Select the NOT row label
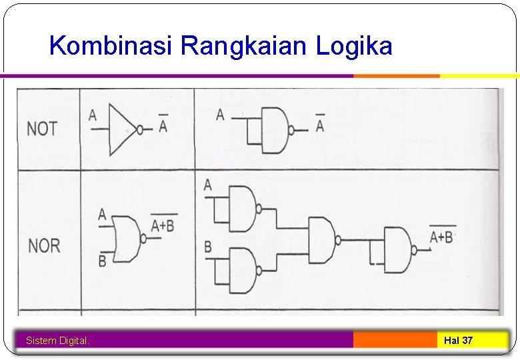42,129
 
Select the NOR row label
44,246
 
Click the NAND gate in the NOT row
274,129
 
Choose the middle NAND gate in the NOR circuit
323,239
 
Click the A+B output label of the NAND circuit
442,237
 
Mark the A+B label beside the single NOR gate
163,225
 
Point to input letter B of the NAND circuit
208,248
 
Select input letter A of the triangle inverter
93,116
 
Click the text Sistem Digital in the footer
57,341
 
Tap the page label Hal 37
458,341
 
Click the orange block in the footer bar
395,340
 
